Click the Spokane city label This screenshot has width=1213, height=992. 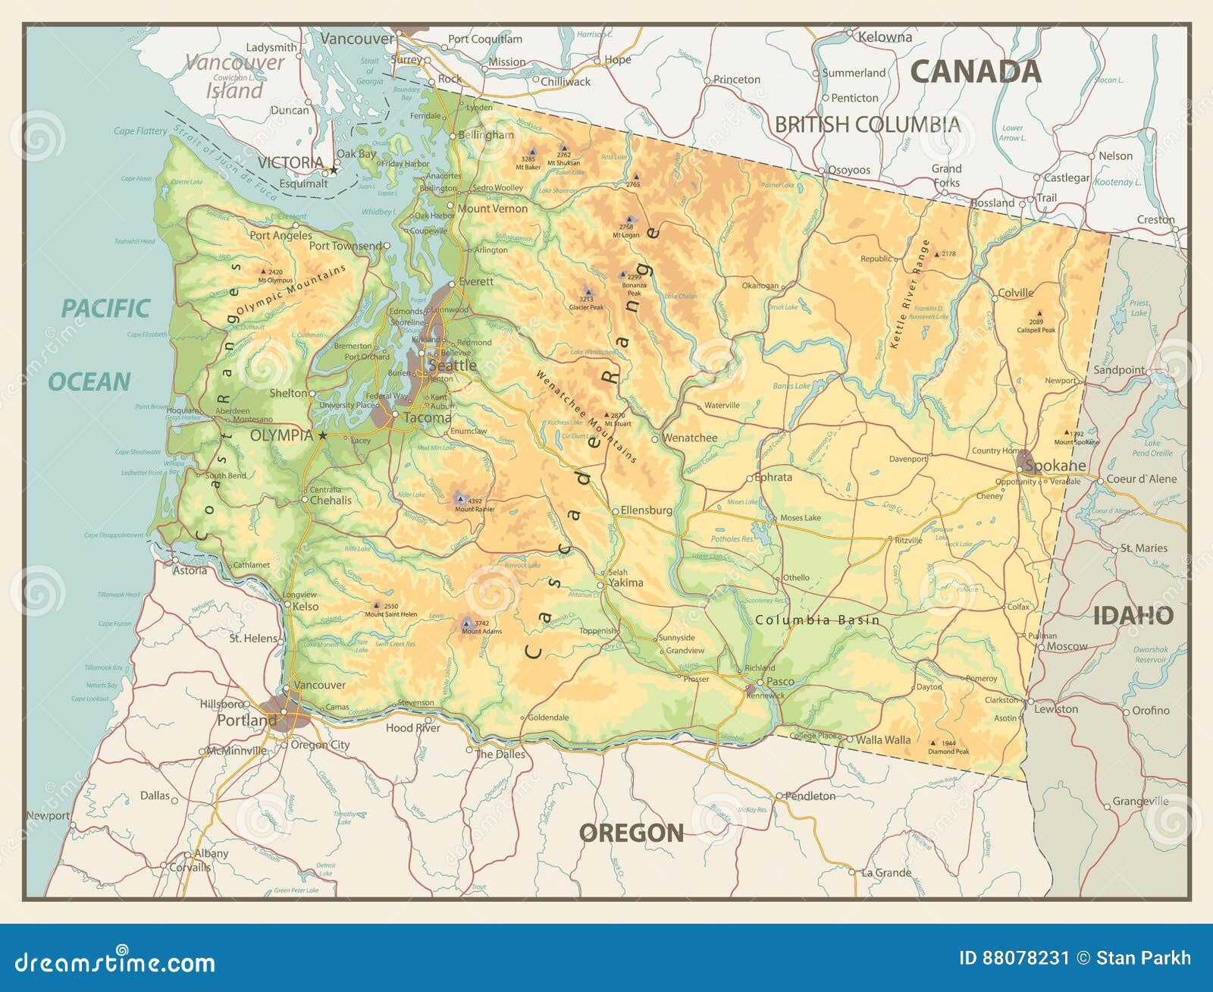pyautogui.click(x=1055, y=466)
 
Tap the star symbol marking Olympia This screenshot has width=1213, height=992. pyautogui.click(x=323, y=435)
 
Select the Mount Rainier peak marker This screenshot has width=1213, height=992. pyautogui.click(x=459, y=498)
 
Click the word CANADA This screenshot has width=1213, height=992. pyautogui.click(x=975, y=71)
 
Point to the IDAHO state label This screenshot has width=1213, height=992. pyautogui.click(x=1133, y=616)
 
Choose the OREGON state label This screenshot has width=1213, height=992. pyautogui.click(x=631, y=833)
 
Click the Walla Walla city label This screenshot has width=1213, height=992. pyautogui.click(x=883, y=739)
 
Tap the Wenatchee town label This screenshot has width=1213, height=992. pyautogui.click(x=690, y=438)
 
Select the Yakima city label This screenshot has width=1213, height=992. pyautogui.click(x=625, y=582)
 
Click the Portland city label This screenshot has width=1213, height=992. pyautogui.click(x=246, y=720)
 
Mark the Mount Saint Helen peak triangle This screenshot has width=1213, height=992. pyautogui.click(x=376, y=606)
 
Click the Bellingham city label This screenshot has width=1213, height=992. pyautogui.click(x=486, y=135)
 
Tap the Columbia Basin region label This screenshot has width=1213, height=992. pyautogui.click(x=817, y=620)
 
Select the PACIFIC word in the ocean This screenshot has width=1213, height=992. pyautogui.click(x=105, y=309)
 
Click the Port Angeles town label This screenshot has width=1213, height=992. pyautogui.click(x=281, y=235)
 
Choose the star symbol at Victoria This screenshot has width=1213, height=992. pyautogui.click(x=333, y=170)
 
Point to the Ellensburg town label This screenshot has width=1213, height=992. pyautogui.click(x=646, y=510)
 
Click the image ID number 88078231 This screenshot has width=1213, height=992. pyautogui.click(x=1025, y=958)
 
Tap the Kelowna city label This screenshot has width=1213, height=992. pyautogui.click(x=885, y=37)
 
